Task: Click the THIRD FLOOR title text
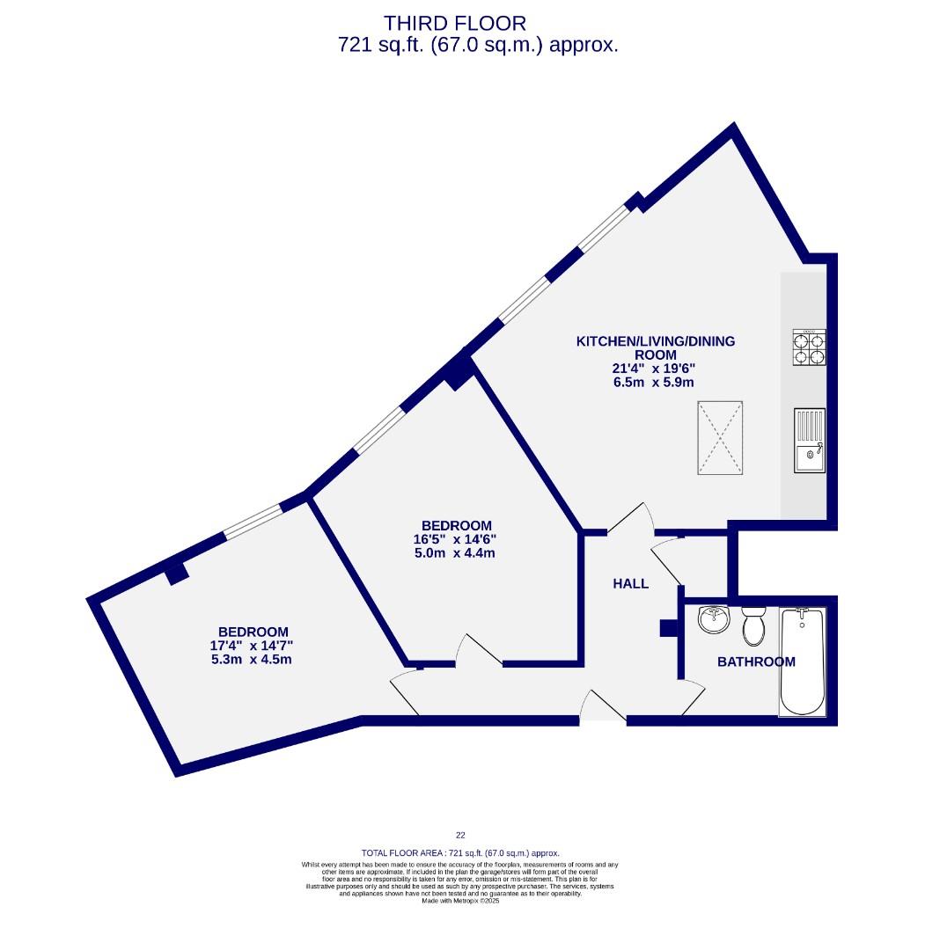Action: (x=455, y=23)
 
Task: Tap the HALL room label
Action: (x=630, y=583)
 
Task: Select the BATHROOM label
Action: (x=756, y=661)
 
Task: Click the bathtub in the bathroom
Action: (x=803, y=661)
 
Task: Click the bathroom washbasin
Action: (x=714, y=620)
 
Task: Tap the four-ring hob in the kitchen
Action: (x=810, y=347)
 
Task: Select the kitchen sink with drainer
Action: (x=810, y=440)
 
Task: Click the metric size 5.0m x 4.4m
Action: (x=456, y=553)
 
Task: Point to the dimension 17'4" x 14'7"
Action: (x=253, y=646)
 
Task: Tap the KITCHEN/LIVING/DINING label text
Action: (x=655, y=340)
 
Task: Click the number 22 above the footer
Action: (x=460, y=836)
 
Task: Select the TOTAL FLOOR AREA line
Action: (x=460, y=853)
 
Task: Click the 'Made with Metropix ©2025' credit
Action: (x=460, y=901)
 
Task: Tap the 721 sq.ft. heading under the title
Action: (x=478, y=46)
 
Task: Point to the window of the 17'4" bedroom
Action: (x=253, y=522)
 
